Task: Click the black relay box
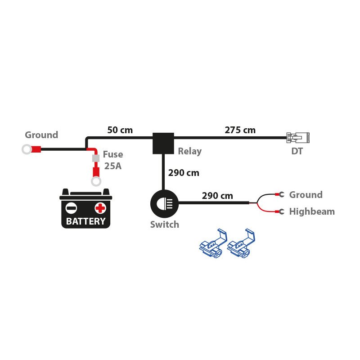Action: [x=163, y=143]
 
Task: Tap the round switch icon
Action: [x=163, y=204]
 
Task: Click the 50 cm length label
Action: [x=120, y=130]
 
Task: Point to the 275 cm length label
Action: [x=240, y=130]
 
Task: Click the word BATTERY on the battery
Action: [x=85, y=221]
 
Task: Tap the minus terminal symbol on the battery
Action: [x=71, y=208]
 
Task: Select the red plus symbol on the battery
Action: [x=100, y=208]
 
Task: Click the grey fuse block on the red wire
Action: [x=95, y=158]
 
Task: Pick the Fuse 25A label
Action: [x=113, y=160]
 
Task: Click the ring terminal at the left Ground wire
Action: [x=27, y=149]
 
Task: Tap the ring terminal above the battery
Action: [x=95, y=181]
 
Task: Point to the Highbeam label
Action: [x=312, y=211]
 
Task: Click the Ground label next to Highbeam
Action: [x=306, y=195]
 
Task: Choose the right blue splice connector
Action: [x=241, y=245]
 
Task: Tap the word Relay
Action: [x=189, y=151]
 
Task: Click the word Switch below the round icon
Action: [x=164, y=225]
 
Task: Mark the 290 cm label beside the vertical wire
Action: [x=183, y=172]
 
